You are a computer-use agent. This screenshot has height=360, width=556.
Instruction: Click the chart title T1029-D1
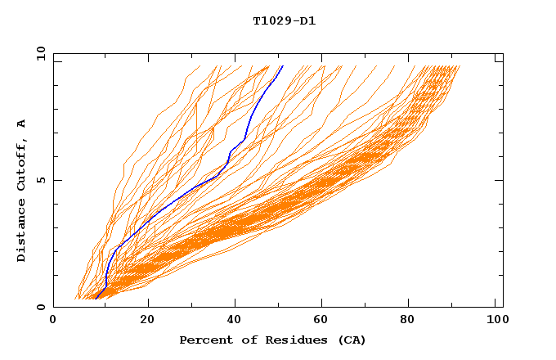click(x=285, y=20)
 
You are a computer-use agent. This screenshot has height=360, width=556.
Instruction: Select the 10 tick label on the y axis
click(x=40, y=53)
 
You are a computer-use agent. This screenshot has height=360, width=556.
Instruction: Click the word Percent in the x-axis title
click(x=204, y=340)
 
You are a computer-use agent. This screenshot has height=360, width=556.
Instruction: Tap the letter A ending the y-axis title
click(x=22, y=124)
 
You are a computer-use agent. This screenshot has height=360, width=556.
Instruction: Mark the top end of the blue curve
click(x=282, y=66)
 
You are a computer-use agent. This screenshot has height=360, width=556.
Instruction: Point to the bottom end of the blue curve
click(x=96, y=299)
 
